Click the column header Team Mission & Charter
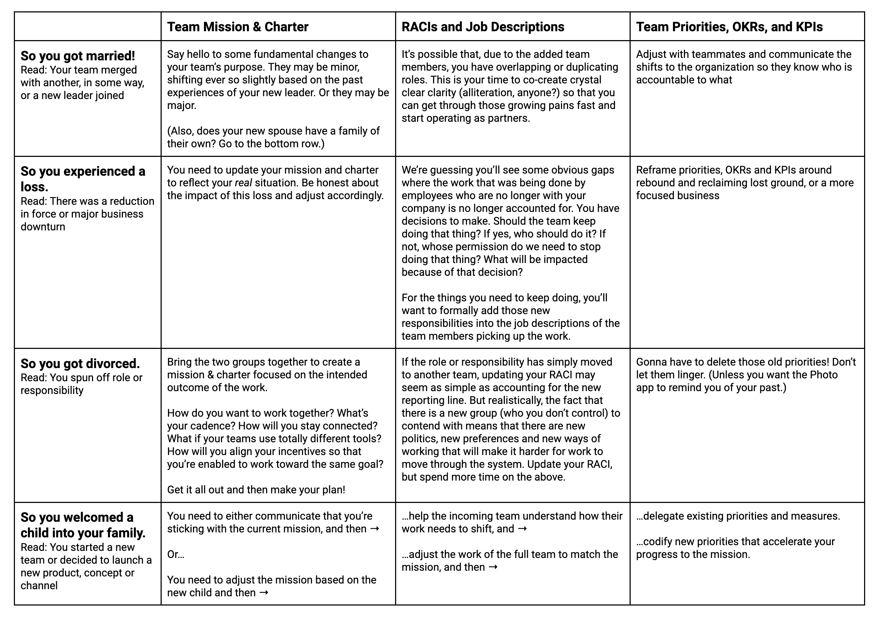pos(237,27)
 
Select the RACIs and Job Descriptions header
pos(483,27)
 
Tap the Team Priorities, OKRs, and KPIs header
pos(729,27)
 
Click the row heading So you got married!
pos(78,56)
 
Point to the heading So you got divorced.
pos(80,363)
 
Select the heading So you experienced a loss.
pos(83,179)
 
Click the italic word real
pos(243,183)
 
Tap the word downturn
pos(43,227)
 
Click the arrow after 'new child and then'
pos(264,593)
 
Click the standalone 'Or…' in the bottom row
pos(176,554)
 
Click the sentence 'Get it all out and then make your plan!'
pos(256,490)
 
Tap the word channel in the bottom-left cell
pos(39,586)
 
